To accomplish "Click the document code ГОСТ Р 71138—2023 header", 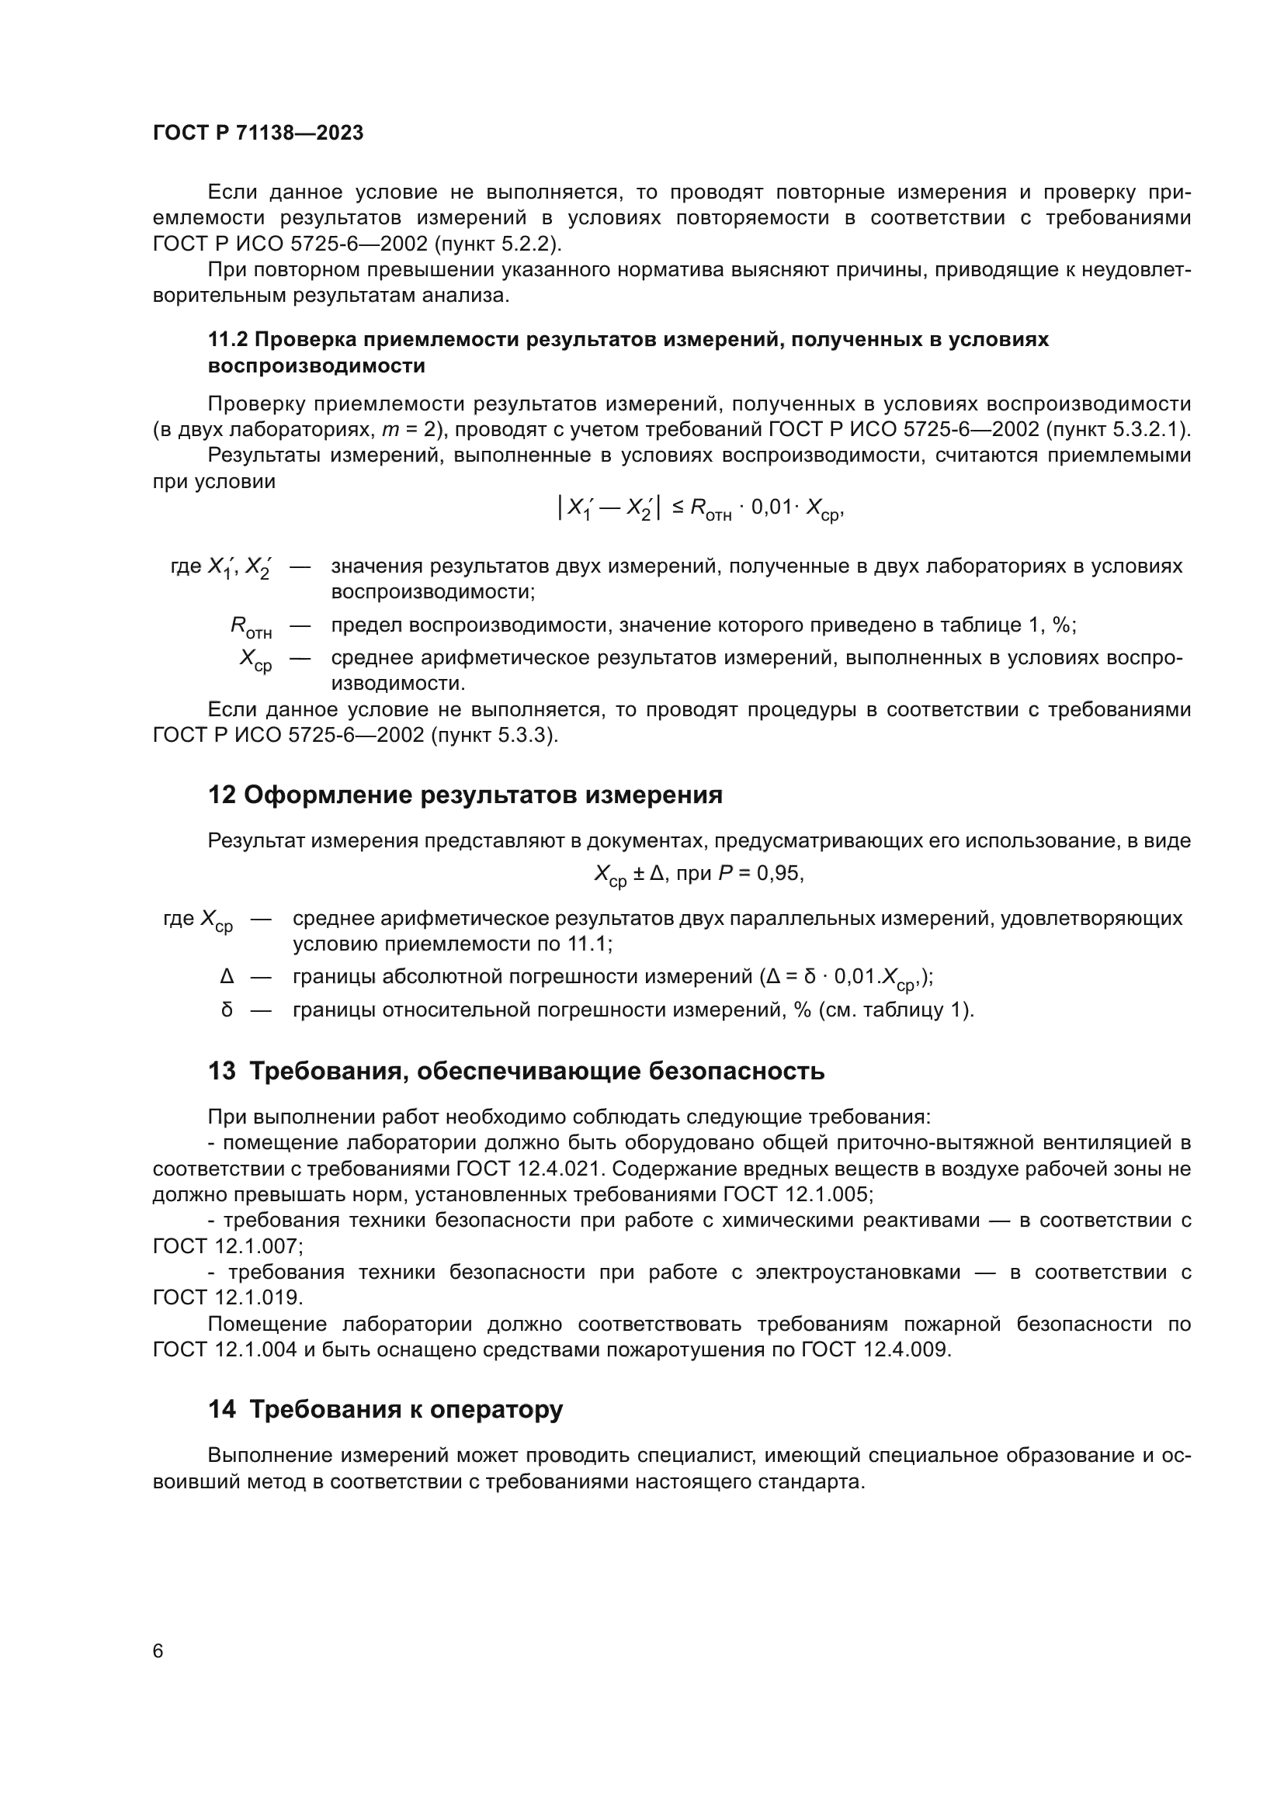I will (x=258, y=133).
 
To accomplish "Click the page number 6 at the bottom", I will (x=158, y=1650).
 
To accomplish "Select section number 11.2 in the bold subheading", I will (x=227, y=340).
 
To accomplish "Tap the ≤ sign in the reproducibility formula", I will (x=678, y=507).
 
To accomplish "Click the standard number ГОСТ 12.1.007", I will (x=226, y=1247).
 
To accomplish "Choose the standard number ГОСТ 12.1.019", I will (x=226, y=1298).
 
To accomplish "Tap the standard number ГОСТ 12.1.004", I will (x=224, y=1349).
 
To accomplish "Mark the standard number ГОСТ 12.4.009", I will (x=874, y=1349).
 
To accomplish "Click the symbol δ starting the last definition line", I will (x=227, y=1010).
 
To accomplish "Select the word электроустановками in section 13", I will (x=858, y=1273).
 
